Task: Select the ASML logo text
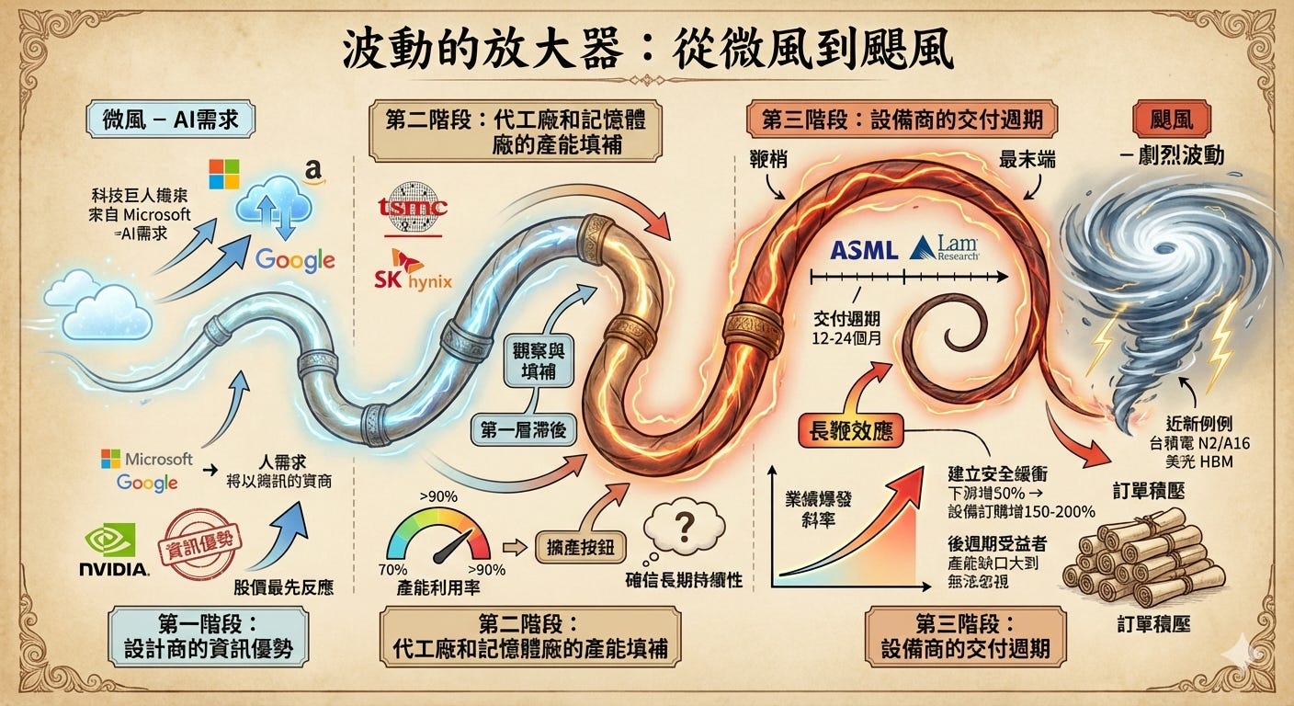pyautogui.click(x=863, y=248)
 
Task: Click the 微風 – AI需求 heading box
pyautogui.click(x=171, y=120)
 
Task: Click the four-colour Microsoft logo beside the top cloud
pyautogui.click(x=223, y=174)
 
